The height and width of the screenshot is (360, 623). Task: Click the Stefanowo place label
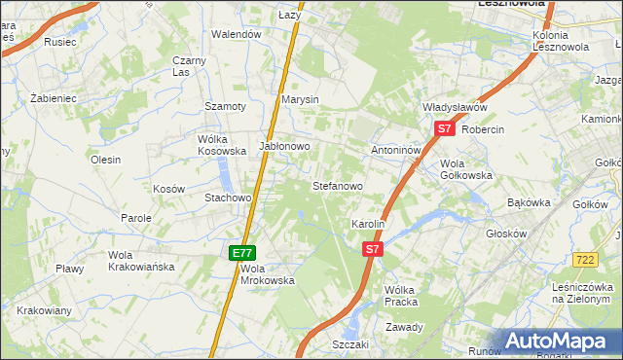tap(337, 185)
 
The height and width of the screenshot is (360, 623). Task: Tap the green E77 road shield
tap(242, 253)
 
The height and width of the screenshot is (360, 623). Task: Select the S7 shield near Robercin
tap(444, 128)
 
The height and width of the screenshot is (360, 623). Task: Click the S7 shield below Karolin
tap(372, 250)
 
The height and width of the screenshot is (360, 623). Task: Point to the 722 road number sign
tap(585, 260)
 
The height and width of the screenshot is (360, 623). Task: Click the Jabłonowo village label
tap(283, 146)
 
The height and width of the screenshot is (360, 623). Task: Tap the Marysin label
tap(300, 100)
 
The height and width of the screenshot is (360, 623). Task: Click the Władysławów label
tap(454, 107)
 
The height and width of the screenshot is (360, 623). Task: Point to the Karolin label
tap(369, 224)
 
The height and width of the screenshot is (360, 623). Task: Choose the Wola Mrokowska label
tap(267, 274)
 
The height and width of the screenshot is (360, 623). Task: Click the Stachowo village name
tap(228, 198)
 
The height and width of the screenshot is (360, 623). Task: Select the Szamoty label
tap(223, 106)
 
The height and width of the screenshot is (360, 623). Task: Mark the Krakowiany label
tap(44, 310)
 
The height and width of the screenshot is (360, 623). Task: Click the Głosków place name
tap(506, 234)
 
